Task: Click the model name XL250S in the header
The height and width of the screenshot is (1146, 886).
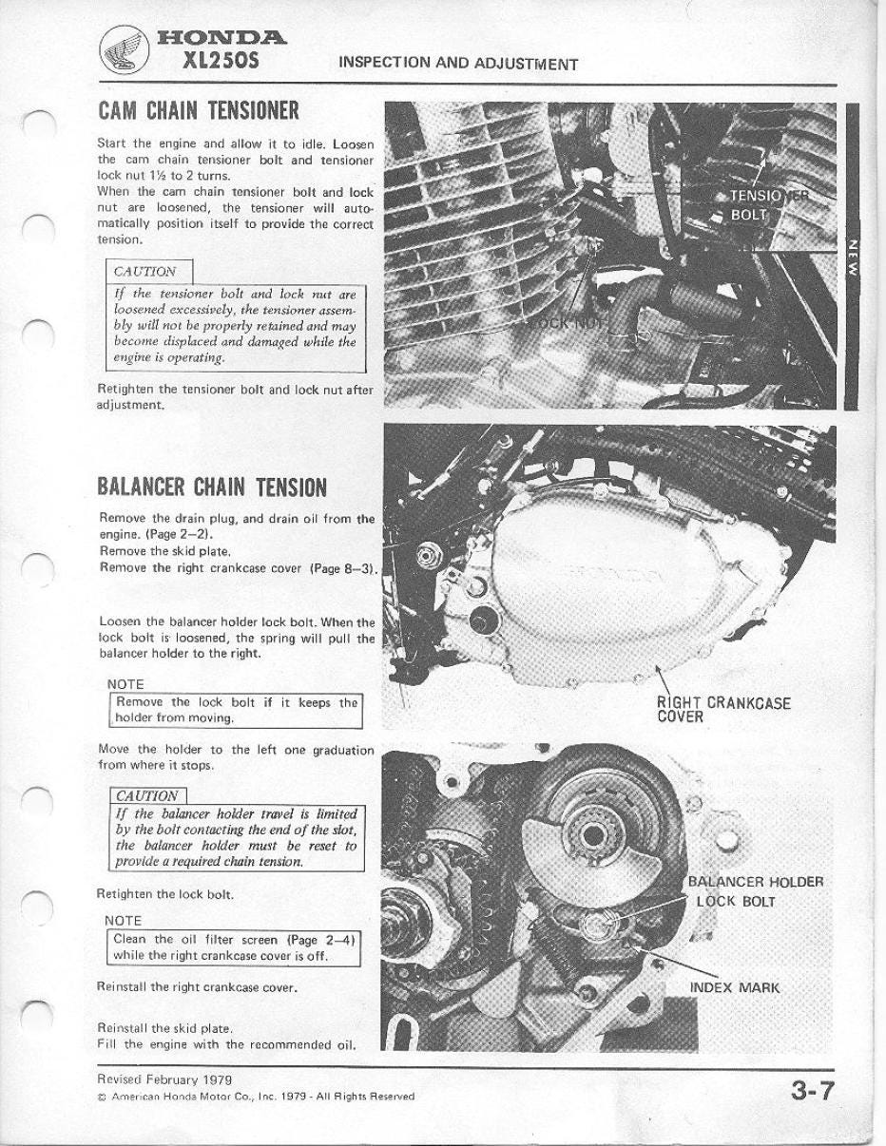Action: (221, 63)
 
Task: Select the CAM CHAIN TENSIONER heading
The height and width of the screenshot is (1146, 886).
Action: (199, 110)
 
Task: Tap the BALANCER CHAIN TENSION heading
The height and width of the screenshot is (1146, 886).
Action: (212, 487)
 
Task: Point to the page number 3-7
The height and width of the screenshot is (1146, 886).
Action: (813, 1090)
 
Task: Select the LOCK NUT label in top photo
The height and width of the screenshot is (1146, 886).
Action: (568, 322)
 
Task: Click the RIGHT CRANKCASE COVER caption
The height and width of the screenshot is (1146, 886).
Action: (722, 710)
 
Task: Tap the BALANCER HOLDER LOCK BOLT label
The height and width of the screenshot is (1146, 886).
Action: (755, 891)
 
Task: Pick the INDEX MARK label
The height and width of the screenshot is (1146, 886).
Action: (734, 987)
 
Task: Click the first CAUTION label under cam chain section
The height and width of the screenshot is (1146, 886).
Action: (144, 272)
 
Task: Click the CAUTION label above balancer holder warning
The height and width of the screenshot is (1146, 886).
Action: (146, 795)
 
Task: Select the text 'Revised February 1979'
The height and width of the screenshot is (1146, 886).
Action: (164, 1079)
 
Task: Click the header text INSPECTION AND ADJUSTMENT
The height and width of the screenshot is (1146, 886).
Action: (457, 64)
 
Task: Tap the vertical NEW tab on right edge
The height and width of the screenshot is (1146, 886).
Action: (853, 257)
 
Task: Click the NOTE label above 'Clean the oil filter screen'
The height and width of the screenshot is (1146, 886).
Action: (124, 920)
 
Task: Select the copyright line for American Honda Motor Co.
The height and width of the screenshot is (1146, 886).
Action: (256, 1096)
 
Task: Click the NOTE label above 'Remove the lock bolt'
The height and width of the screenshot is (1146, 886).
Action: (125, 684)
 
